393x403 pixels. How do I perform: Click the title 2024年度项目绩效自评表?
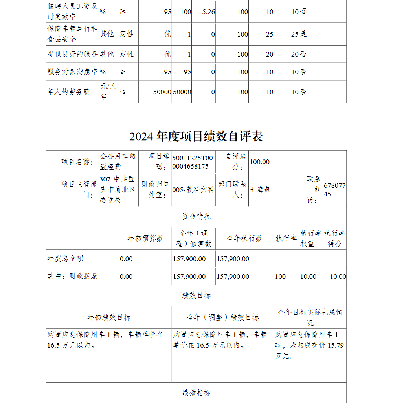196,136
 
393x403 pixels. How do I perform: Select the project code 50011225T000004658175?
193,162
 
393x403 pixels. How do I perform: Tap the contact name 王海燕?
260,190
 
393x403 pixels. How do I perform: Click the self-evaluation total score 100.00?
260,162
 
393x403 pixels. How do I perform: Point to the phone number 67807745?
334,190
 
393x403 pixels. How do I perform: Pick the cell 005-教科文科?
193,190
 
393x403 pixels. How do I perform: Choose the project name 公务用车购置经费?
118,162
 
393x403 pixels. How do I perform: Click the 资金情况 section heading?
196,216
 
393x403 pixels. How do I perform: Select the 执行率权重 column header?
310,238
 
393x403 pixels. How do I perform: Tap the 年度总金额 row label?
66,258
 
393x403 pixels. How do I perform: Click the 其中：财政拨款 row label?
73,276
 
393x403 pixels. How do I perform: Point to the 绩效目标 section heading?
196,295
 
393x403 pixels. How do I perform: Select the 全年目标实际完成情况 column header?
310,317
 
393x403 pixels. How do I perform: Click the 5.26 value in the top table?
208,12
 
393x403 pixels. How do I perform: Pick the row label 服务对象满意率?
72,72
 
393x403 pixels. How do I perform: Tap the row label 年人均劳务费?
68,92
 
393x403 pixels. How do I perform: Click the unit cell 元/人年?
108,92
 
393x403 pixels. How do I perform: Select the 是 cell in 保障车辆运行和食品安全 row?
303,34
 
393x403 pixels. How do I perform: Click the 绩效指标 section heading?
196,392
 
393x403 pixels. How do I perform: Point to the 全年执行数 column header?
244,238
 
